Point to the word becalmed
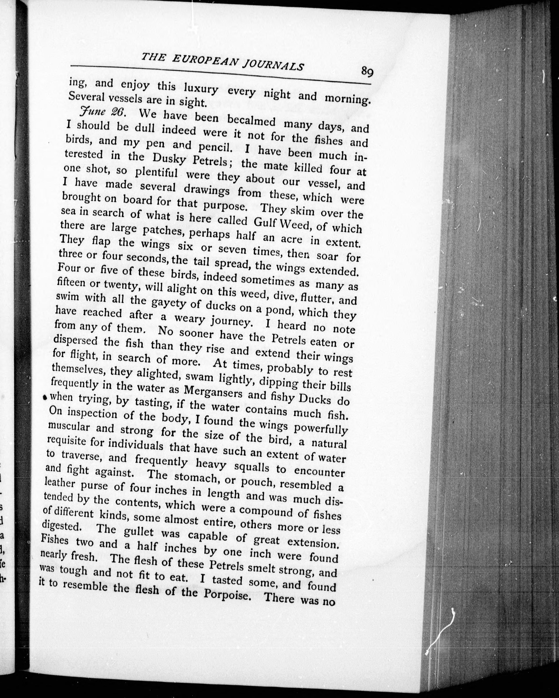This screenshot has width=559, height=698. point(251,121)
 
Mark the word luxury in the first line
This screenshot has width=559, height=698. point(201,89)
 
